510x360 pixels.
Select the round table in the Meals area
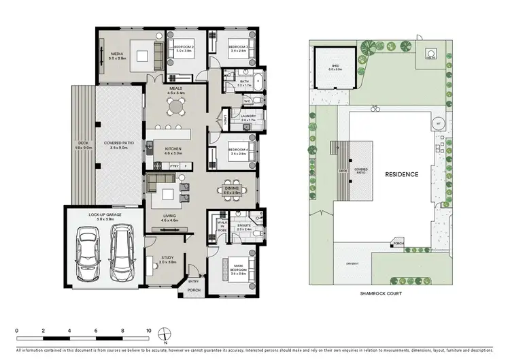(177, 106)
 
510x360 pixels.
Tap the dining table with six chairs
(228, 190)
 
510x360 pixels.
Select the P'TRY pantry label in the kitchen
(175, 165)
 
